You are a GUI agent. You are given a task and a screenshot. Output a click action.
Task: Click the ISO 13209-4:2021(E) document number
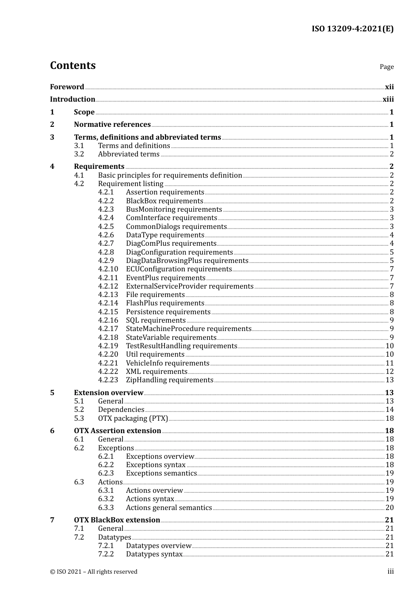coord(352,29)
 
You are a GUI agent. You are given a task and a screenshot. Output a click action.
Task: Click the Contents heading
coord(73,65)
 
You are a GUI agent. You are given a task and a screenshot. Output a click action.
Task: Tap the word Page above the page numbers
coord(386,67)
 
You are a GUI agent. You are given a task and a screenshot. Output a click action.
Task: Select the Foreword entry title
coord(67,87)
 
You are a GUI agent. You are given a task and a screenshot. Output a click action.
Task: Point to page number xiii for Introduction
coord(388,99)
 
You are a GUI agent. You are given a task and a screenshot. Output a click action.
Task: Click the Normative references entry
coord(112,125)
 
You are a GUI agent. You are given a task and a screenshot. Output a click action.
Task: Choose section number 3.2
coord(79,154)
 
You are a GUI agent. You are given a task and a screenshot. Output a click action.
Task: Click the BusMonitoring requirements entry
coord(174,209)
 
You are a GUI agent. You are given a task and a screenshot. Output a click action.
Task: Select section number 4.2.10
coord(108,269)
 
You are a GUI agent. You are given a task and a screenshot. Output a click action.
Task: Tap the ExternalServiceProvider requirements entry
coord(190,286)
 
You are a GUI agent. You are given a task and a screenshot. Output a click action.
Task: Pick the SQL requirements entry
coord(156,320)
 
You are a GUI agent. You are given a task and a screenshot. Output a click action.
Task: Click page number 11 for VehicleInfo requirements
coord(389,363)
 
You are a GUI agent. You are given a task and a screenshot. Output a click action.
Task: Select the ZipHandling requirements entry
coord(169,380)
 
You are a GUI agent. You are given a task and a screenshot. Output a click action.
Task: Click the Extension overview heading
coord(108,393)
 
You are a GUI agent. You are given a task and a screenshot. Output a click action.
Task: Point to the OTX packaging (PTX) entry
coord(133,419)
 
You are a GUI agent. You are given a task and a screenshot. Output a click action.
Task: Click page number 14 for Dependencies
coord(389,410)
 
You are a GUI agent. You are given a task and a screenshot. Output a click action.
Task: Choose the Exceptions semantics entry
coord(161,473)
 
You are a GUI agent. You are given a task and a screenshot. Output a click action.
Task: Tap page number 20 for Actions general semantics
coord(389,508)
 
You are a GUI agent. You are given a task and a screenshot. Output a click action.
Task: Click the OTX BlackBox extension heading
coord(117,520)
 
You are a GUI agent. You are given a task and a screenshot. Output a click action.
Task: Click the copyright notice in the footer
coord(94,572)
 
